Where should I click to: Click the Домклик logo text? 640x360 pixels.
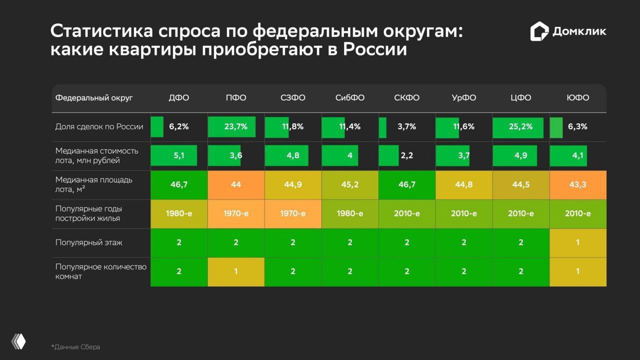pyautogui.click(x=579, y=31)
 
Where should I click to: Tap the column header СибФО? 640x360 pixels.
pyautogui.click(x=350, y=98)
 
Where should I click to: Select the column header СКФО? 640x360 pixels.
pyautogui.click(x=406, y=98)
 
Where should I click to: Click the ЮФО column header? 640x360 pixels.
pyautogui.click(x=577, y=98)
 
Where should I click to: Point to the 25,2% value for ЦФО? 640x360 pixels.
pyautogui.click(x=520, y=127)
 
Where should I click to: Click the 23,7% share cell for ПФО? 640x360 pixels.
pyautogui.click(x=235, y=127)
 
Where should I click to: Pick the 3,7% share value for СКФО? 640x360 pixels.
pyautogui.click(x=406, y=127)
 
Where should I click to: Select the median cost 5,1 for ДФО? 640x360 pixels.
pyautogui.click(x=179, y=156)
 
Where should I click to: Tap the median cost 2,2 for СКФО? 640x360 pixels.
pyautogui.click(x=406, y=156)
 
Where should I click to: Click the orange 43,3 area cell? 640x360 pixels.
pyautogui.click(x=577, y=185)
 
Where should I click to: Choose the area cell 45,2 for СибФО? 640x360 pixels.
pyautogui.click(x=350, y=185)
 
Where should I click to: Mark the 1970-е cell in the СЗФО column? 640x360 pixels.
pyautogui.click(x=293, y=214)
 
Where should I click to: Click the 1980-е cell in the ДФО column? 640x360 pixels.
pyautogui.click(x=179, y=214)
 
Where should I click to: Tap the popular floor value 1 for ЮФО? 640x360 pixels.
pyautogui.click(x=577, y=243)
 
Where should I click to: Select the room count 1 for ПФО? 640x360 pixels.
pyautogui.click(x=235, y=272)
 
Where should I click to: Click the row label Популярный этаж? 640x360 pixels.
pyautogui.click(x=88, y=243)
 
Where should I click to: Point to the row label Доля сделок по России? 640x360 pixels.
pyautogui.click(x=99, y=127)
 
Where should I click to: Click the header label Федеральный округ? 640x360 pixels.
pyautogui.click(x=94, y=98)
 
